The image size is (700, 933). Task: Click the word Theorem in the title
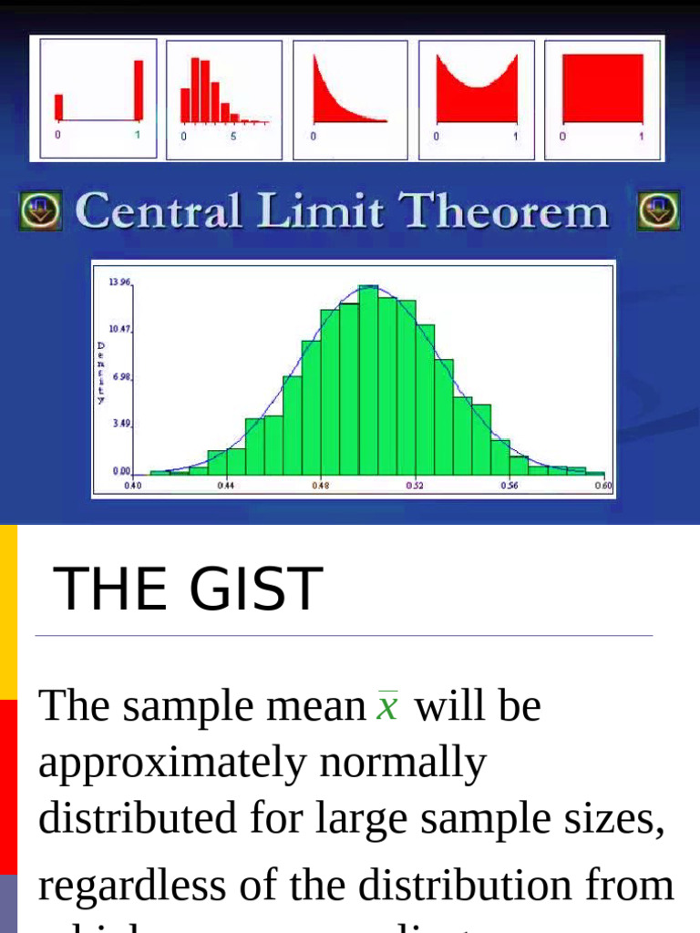pos(505,211)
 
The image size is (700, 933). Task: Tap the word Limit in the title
pos(323,211)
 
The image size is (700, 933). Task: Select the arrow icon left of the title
pos(40,211)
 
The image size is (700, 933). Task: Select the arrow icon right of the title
pos(658,211)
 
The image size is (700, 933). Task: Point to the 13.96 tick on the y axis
pos(120,283)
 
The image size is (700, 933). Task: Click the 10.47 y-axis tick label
pos(120,329)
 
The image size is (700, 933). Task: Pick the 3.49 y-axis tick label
pos(121,424)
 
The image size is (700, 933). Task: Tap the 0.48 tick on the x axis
pos(321,487)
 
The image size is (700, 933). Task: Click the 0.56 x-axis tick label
pos(509,487)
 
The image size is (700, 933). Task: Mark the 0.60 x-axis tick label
pos(602,487)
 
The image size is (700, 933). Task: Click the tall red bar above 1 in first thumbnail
pos(139,90)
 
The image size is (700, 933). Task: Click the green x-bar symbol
pos(387,706)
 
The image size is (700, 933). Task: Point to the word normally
pos(410,762)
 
